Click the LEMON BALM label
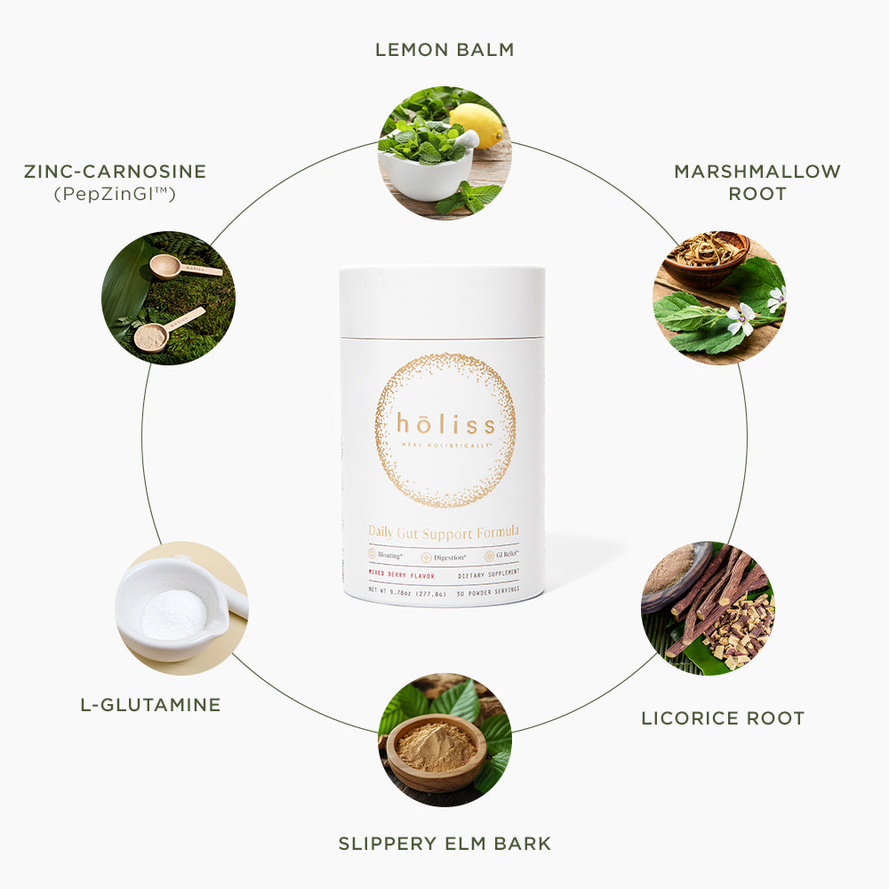[x=444, y=50]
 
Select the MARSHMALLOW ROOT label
[x=757, y=181]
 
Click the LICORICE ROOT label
[x=722, y=717]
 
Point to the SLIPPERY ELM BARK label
[x=444, y=843]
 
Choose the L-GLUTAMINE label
[x=150, y=705]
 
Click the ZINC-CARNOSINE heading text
[x=115, y=171]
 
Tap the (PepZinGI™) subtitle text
[x=115, y=192]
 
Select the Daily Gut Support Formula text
[x=444, y=532]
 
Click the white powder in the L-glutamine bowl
[x=173, y=613]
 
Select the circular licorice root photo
[x=708, y=608]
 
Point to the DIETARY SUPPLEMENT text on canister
[x=494, y=575]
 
